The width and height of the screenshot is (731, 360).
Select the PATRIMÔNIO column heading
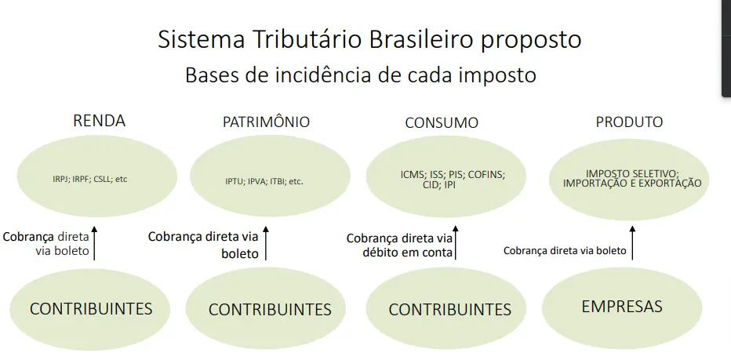click(266, 122)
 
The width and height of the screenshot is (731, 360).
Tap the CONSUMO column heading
click(442, 123)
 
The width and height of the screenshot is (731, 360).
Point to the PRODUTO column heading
click(629, 122)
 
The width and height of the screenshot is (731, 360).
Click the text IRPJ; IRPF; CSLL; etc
click(84, 179)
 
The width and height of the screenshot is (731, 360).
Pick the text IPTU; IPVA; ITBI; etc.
click(264, 182)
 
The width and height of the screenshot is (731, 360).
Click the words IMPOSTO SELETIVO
click(632, 173)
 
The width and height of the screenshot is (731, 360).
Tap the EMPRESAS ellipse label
click(622, 306)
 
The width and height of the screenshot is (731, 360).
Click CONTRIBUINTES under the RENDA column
click(91, 308)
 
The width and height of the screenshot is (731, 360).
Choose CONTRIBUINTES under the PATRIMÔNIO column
click(270, 310)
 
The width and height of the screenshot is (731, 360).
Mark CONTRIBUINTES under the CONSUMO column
click(449, 310)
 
